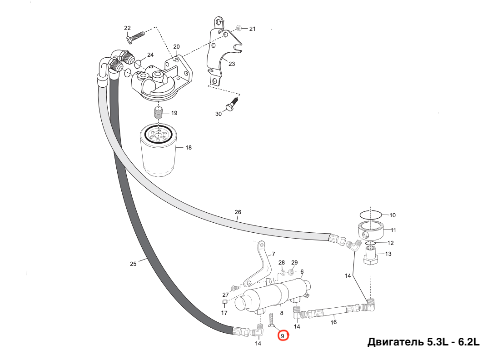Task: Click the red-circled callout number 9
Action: (283, 336)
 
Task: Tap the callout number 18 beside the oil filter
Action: (189, 148)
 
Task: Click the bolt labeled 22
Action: (135, 36)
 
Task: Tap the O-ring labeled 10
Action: (370, 215)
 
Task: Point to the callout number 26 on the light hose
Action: (238, 212)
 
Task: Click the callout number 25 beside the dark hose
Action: (133, 264)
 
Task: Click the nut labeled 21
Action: (240, 29)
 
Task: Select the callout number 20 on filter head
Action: (176, 47)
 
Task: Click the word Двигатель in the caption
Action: (396, 342)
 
